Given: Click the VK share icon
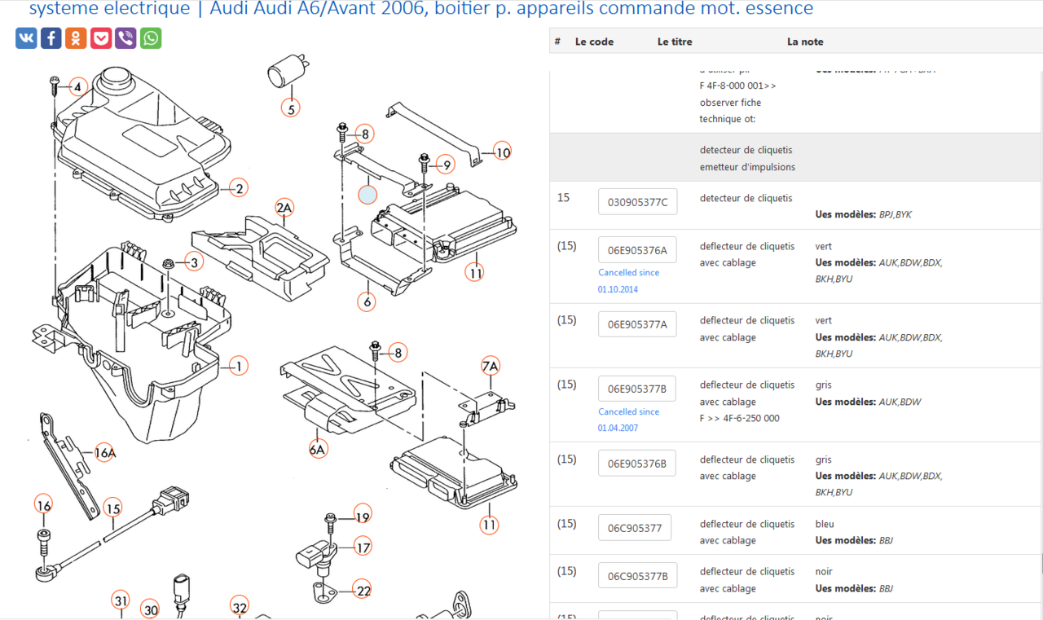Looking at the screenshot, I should [x=26, y=38].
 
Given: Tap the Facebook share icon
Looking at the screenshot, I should [x=51, y=38].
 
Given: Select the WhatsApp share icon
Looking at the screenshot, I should [x=151, y=38].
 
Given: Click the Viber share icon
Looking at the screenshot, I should [x=125, y=38].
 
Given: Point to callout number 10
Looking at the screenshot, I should [x=503, y=152].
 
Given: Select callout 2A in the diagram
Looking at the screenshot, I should [x=284, y=208].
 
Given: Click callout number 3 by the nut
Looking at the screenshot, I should [x=193, y=262].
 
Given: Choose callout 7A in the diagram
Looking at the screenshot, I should [x=490, y=367].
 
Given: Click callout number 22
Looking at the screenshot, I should [x=363, y=591].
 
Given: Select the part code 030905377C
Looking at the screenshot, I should [x=637, y=202].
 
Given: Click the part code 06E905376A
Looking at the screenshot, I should [x=637, y=250].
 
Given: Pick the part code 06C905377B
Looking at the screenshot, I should [x=637, y=576].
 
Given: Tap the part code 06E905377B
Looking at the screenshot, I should [x=637, y=389].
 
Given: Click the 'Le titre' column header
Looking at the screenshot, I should [x=675, y=42].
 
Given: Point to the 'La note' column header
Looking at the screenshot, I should [x=805, y=42].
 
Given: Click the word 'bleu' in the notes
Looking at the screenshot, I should [x=825, y=524].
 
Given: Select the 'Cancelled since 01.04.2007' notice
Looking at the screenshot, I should [x=628, y=420].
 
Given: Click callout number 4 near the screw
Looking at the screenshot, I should [x=77, y=87].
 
